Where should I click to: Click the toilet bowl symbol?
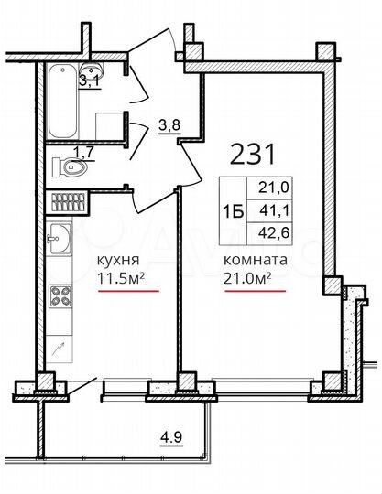[70, 166]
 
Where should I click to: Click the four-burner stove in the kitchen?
[60, 297]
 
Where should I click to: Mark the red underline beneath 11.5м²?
[128, 291]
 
